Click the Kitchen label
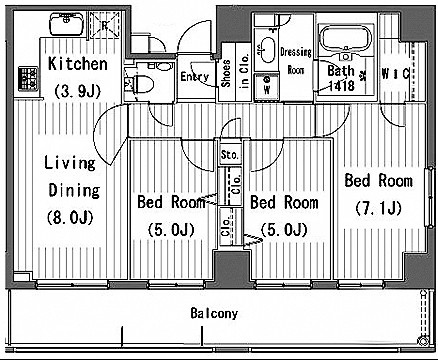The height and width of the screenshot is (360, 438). click(78, 64)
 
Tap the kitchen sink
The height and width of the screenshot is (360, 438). click(67, 23)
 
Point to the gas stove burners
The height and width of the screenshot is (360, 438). click(28, 79)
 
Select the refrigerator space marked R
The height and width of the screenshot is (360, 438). click(105, 25)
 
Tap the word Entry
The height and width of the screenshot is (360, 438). click(195, 77)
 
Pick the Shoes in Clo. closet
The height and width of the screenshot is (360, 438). click(235, 72)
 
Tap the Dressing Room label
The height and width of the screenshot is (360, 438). click(296, 61)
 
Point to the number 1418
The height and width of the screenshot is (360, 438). click(341, 85)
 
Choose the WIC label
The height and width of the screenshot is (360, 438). click(395, 74)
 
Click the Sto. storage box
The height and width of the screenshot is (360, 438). click(230, 154)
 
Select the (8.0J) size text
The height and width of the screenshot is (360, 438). click(70, 218)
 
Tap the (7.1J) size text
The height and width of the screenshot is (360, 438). click(378, 208)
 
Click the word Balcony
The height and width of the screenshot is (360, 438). click(214, 313)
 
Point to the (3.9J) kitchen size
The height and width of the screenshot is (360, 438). click(78, 90)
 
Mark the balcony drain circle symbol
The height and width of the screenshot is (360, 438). click(423, 341)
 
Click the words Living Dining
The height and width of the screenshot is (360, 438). click(72, 177)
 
